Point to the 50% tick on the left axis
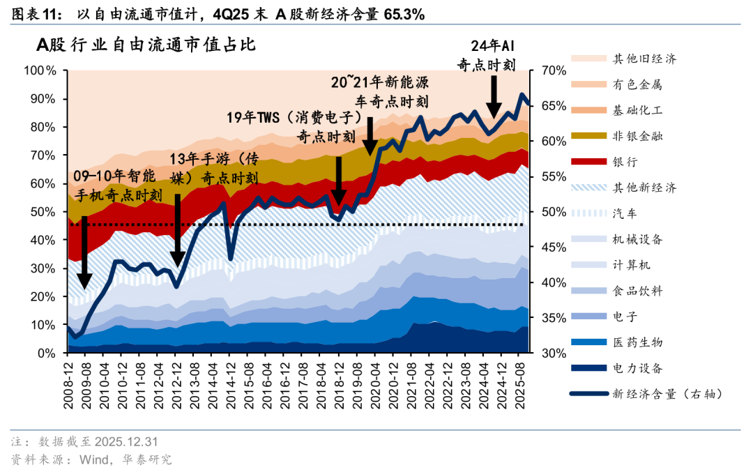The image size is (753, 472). (x=43, y=212)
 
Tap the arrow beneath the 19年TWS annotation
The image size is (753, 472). (x=339, y=181)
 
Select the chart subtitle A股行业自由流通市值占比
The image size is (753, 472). (x=146, y=45)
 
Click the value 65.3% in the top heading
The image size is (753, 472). (x=402, y=13)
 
